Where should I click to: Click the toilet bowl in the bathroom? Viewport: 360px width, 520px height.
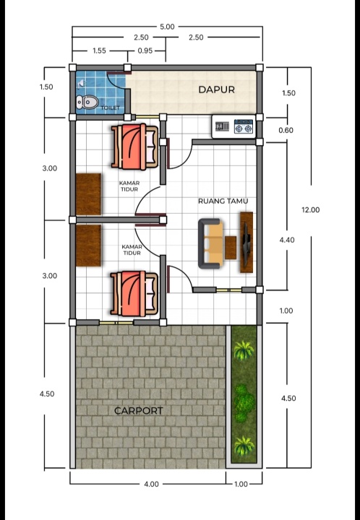(x=87, y=102)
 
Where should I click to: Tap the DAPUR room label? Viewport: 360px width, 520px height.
(x=216, y=90)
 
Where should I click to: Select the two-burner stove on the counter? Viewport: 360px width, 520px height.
(x=244, y=126)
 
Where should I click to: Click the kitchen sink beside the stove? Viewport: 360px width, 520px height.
(x=222, y=126)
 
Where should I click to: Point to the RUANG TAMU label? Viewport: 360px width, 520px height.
(x=223, y=201)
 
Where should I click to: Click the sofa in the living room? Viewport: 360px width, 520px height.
(x=210, y=243)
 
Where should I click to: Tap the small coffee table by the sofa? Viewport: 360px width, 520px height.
(x=231, y=248)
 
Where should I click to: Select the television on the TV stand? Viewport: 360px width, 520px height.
(x=246, y=244)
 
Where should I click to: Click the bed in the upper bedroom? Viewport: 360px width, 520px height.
(x=134, y=147)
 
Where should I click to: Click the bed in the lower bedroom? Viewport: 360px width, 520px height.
(x=134, y=294)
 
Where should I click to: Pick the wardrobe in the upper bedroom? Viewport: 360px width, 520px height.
(x=88, y=194)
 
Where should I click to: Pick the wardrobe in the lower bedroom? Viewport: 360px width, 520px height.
(x=88, y=246)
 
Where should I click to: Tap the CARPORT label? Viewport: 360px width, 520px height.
(x=138, y=411)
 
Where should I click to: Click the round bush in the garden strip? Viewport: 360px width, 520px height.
(x=244, y=403)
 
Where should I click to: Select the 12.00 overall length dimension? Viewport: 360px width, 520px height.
(x=311, y=210)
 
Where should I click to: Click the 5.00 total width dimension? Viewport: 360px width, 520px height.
(x=167, y=27)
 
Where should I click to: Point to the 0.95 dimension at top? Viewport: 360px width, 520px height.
(x=145, y=51)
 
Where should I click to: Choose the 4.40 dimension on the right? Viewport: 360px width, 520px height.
(x=287, y=240)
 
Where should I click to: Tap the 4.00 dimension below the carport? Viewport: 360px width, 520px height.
(x=151, y=484)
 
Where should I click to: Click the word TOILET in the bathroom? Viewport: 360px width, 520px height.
(x=110, y=108)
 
